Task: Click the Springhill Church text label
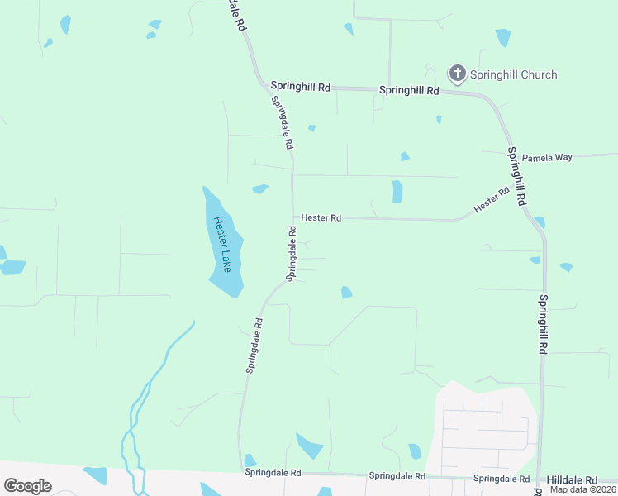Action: click(513, 74)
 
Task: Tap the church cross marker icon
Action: click(457, 74)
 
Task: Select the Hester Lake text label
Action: click(221, 243)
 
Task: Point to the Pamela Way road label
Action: click(548, 157)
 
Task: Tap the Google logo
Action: click(27, 486)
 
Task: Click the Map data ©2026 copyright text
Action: click(583, 489)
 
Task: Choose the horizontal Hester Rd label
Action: click(321, 217)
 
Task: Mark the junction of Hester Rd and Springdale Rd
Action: click(292, 218)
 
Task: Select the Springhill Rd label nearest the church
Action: click(409, 89)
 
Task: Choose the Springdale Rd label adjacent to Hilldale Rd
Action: click(501, 479)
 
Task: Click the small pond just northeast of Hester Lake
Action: click(260, 189)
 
